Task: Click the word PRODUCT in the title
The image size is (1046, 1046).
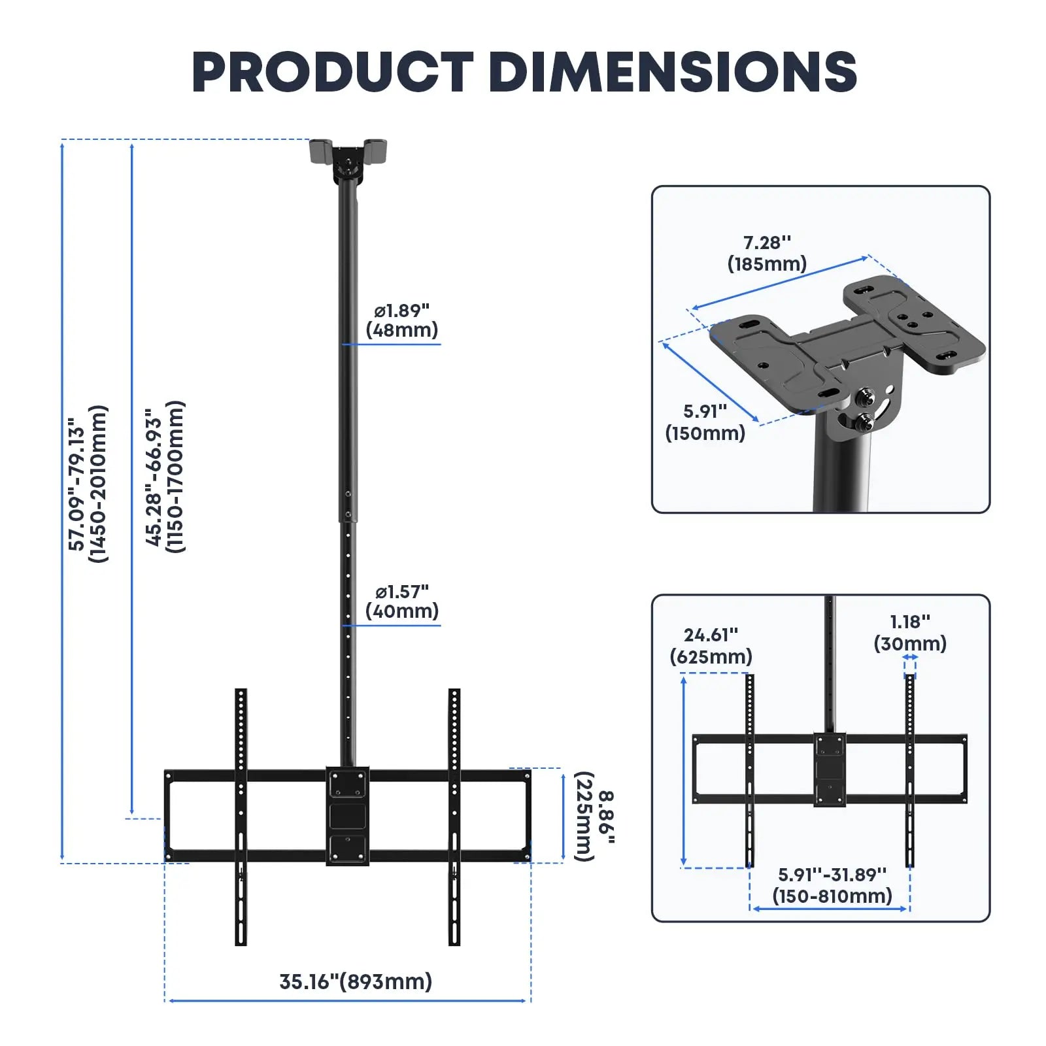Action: click(x=332, y=72)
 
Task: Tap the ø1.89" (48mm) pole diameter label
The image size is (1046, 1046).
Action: click(x=401, y=320)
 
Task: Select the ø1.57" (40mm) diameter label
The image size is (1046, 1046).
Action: click(x=401, y=601)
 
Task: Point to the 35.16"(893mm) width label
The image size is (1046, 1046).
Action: click(x=356, y=981)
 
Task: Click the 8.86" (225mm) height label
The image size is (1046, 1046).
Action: click(x=594, y=817)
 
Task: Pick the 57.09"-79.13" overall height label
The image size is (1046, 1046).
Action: click(x=88, y=484)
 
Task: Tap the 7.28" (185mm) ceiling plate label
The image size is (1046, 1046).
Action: click(x=767, y=253)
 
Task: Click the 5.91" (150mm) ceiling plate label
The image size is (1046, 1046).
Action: click(x=705, y=422)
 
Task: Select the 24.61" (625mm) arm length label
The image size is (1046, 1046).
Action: click(x=711, y=645)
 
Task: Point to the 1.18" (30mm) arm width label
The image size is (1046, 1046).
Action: click(x=910, y=632)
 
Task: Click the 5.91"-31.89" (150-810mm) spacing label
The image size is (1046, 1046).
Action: click(x=832, y=885)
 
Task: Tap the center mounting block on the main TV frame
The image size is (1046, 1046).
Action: click(x=348, y=816)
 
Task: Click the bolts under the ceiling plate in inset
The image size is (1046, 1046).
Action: click(x=866, y=409)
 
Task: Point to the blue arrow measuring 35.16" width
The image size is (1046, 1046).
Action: click(x=348, y=1000)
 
